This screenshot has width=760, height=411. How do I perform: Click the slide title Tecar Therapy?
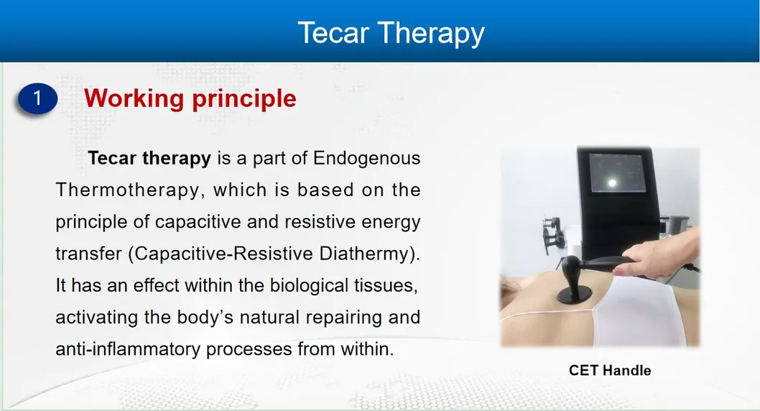pyautogui.click(x=391, y=33)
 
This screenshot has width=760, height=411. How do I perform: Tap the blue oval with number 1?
pyautogui.click(x=38, y=98)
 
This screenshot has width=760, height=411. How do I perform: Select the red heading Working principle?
pyautogui.click(x=190, y=98)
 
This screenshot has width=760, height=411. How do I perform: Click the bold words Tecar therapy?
pyautogui.click(x=149, y=158)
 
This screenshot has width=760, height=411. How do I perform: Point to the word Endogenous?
pyautogui.click(x=366, y=158)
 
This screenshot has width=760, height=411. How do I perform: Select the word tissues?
pyautogui.click(x=391, y=285)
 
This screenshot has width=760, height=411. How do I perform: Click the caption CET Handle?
pyautogui.click(x=610, y=371)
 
